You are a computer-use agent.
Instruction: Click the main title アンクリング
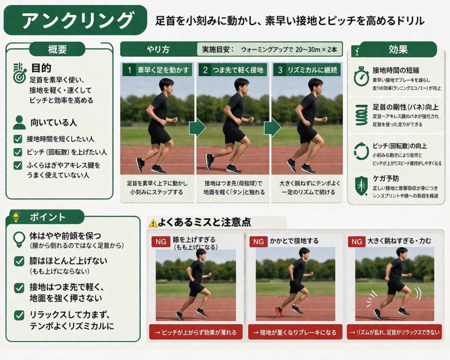click(x=77, y=20)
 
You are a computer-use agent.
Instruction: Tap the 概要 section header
click(x=58, y=49)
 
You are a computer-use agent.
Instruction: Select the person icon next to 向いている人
click(x=19, y=123)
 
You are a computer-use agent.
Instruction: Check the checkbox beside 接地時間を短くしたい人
click(x=18, y=139)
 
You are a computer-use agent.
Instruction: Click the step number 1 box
click(x=129, y=70)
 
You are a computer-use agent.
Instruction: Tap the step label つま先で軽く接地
click(x=238, y=70)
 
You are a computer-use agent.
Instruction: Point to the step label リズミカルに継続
click(x=312, y=70)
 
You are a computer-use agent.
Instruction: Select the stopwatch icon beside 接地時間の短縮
click(x=361, y=76)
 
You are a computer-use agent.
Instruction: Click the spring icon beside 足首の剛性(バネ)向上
click(x=362, y=115)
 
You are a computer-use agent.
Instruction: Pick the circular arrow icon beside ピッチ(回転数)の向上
click(x=361, y=151)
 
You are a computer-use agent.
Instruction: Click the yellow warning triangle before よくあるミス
click(x=153, y=223)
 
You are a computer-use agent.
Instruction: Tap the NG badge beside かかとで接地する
click(x=258, y=242)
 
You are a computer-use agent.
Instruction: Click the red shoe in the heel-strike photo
click(x=279, y=312)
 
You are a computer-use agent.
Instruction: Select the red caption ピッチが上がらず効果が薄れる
click(x=196, y=332)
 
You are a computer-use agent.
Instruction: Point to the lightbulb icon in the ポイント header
click(x=16, y=217)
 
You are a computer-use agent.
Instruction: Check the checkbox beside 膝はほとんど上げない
click(x=19, y=261)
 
